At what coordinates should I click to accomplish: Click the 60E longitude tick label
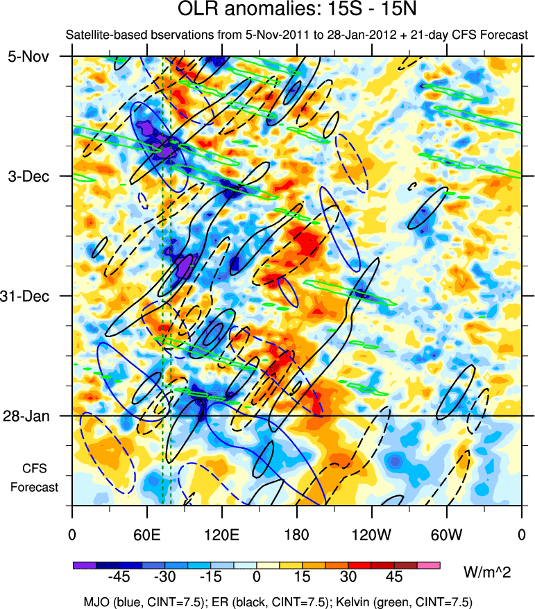147,535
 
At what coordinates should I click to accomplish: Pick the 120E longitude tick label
222,535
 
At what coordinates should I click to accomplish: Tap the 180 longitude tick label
297,535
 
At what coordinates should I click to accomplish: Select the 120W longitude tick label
371,535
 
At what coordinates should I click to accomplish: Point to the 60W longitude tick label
446,535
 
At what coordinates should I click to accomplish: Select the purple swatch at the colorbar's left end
84,565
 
